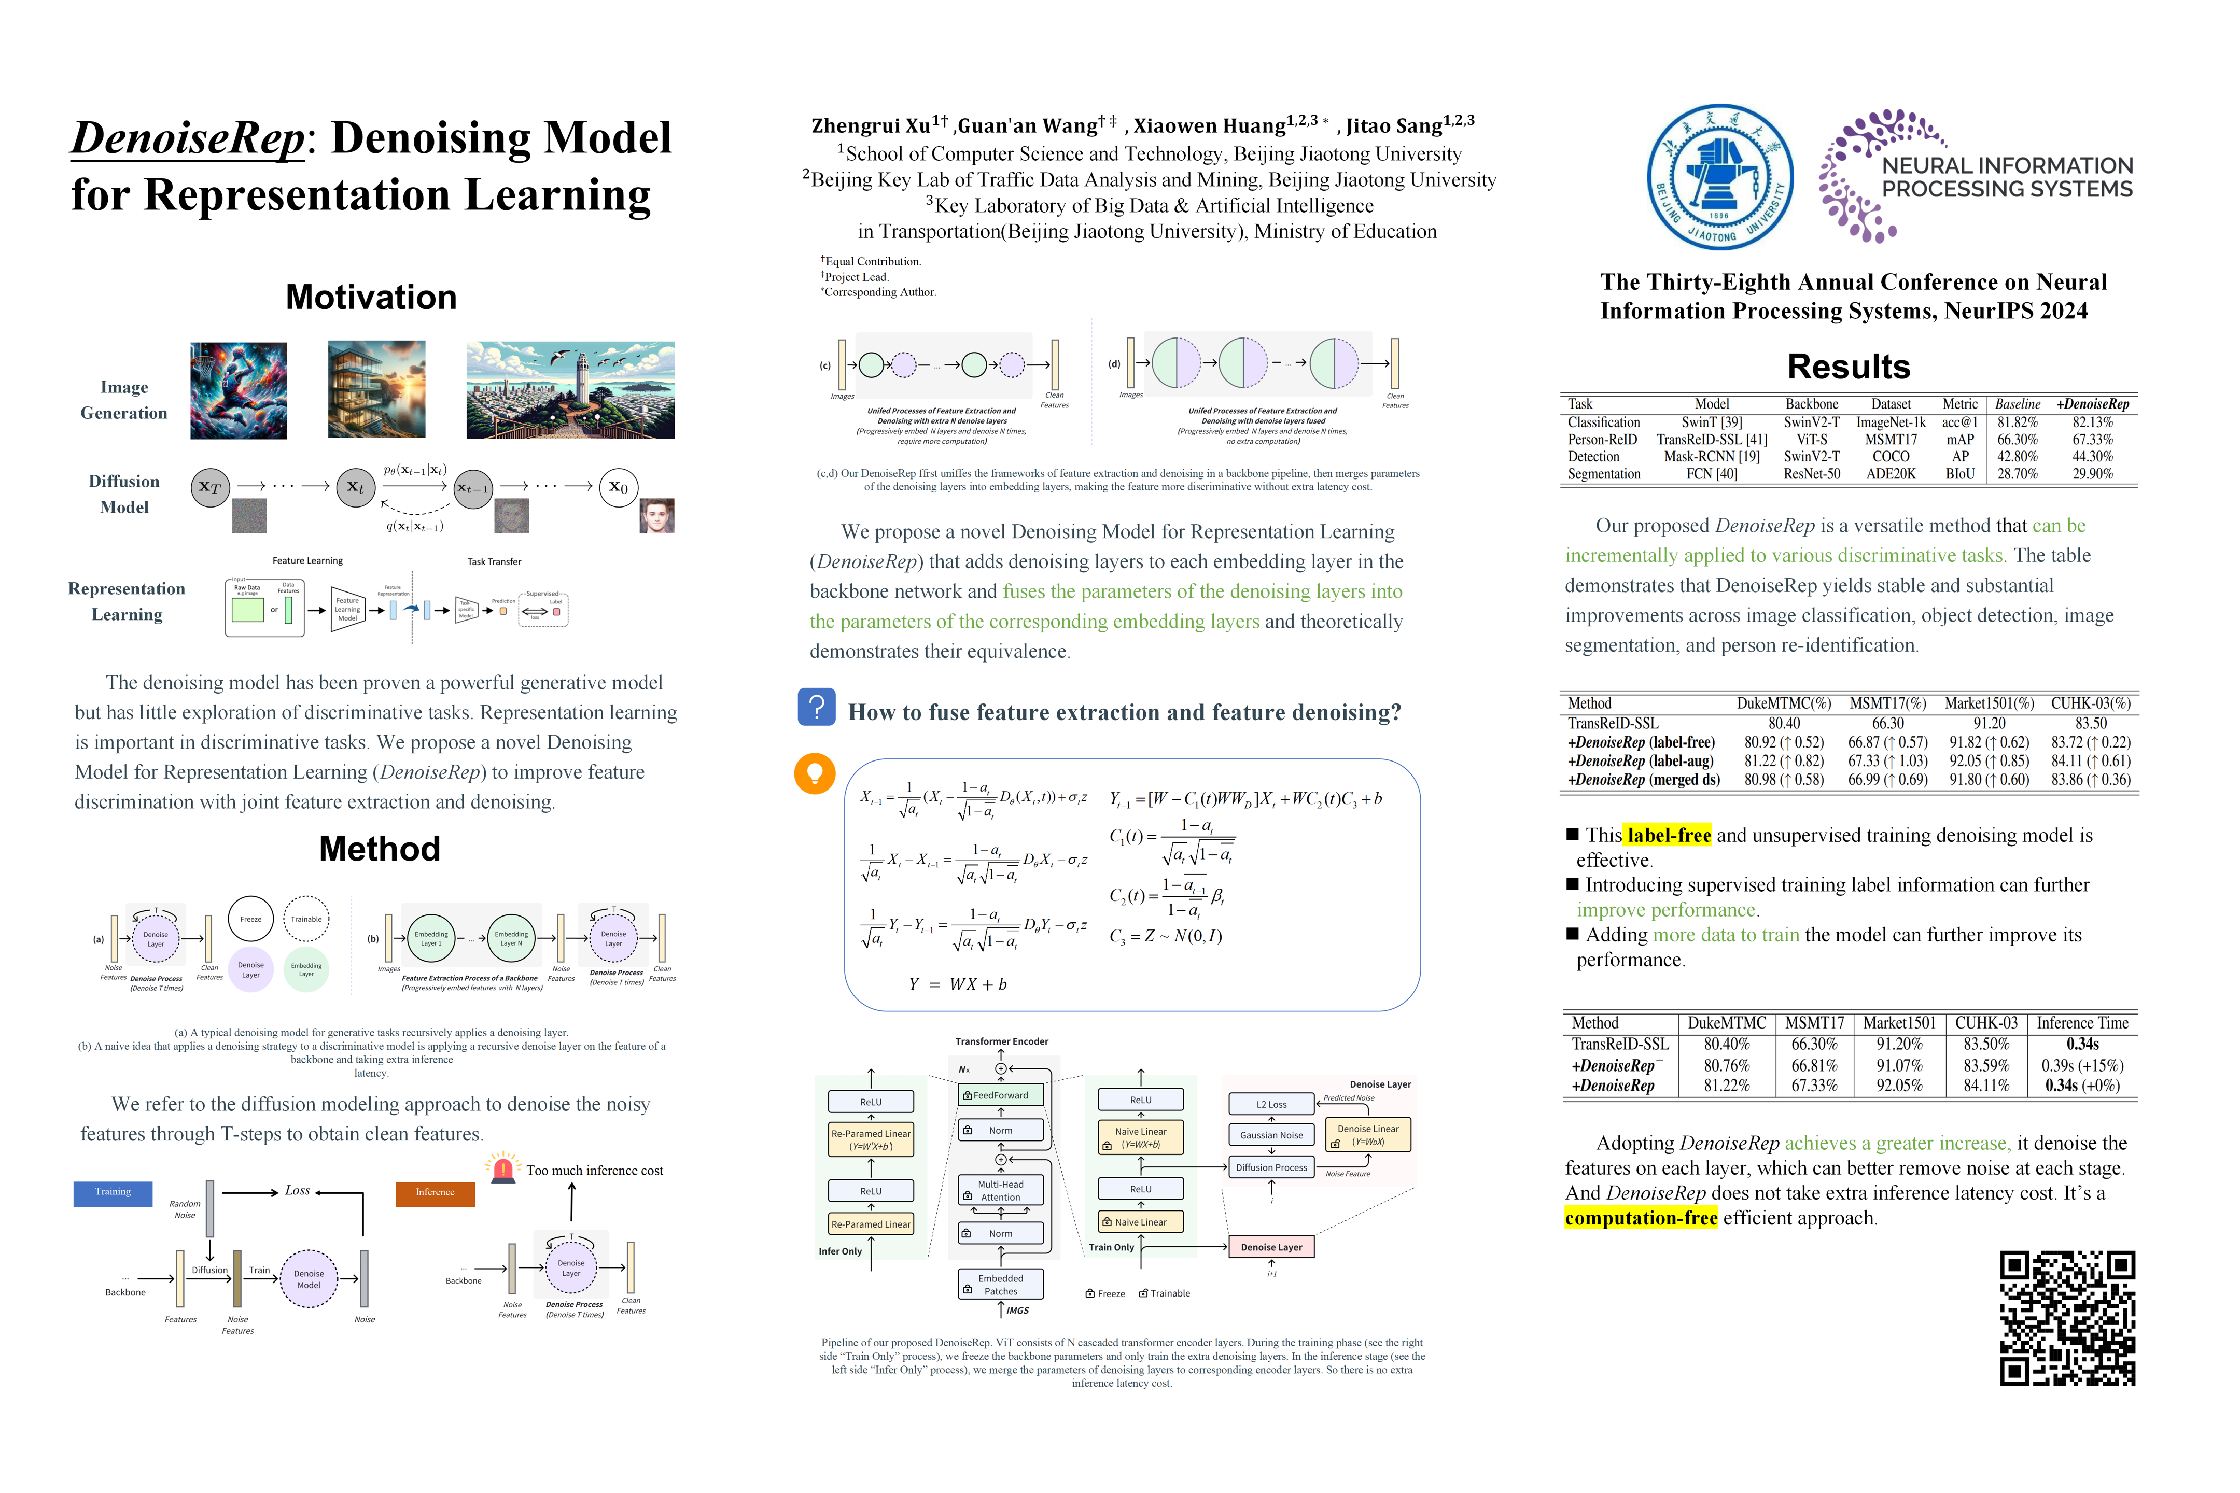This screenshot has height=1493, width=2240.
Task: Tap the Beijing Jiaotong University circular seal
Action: (x=1720, y=177)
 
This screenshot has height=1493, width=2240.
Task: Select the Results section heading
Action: (x=1849, y=367)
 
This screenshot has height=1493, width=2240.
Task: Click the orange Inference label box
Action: (x=435, y=1193)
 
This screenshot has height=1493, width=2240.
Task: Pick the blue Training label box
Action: (x=113, y=1192)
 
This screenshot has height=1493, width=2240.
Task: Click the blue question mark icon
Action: (x=816, y=708)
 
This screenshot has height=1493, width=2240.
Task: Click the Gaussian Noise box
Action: (x=1271, y=1135)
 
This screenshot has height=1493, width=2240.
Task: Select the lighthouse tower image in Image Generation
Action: (x=570, y=390)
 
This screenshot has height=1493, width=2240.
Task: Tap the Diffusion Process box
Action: (x=1271, y=1167)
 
